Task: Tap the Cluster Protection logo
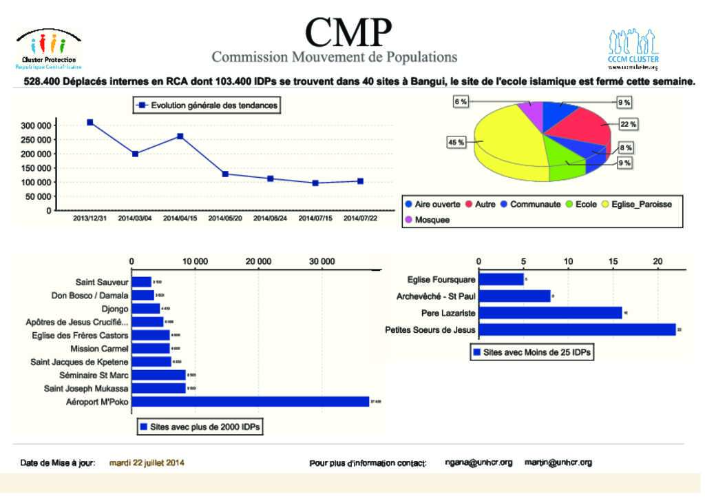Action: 48,51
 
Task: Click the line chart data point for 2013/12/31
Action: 90,122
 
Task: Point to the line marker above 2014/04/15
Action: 180,136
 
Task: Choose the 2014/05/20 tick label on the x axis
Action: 225,218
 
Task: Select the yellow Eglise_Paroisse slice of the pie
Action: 503,141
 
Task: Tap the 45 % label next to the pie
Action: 456,142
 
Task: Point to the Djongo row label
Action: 114,309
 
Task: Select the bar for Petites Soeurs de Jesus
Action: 577,330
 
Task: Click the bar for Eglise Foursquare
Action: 501,279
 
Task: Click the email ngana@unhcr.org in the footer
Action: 478,462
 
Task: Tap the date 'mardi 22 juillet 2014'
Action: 147,462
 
